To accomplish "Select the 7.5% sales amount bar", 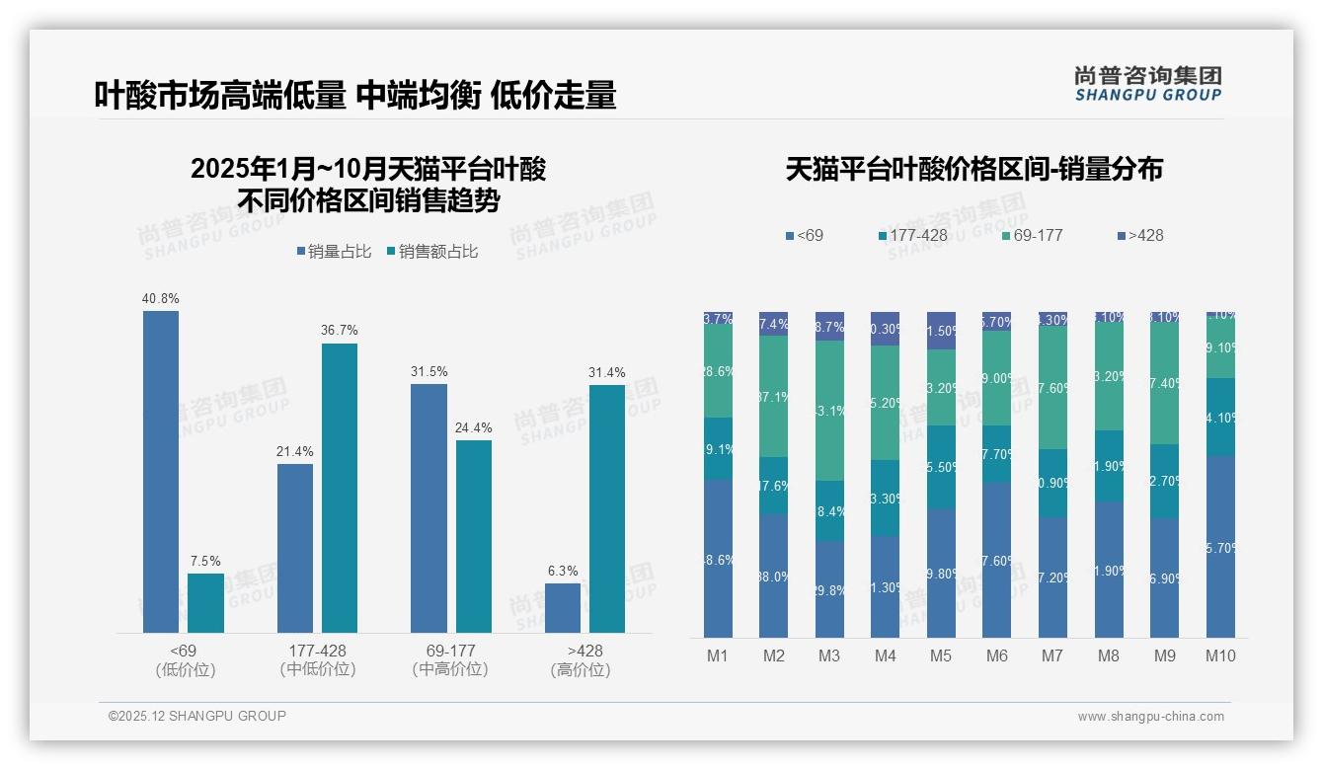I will pyautogui.click(x=205, y=603).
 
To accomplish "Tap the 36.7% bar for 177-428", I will pyautogui.click(x=340, y=488).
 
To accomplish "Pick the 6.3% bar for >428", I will pyautogui.click(x=563, y=608).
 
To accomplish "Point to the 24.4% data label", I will pyautogui.click(x=474, y=427).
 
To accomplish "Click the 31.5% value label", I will pyautogui.click(x=428, y=371).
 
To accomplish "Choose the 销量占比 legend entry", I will pyautogui.click(x=334, y=252).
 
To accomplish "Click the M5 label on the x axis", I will pyautogui.click(x=941, y=655).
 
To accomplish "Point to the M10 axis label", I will pyautogui.click(x=1220, y=655).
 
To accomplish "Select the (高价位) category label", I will pyautogui.click(x=581, y=669).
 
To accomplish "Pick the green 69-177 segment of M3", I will pyautogui.click(x=829, y=410).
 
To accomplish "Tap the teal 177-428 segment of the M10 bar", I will pyautogui.click(x=1220, y=417).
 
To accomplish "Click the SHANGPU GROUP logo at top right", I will pyautogui.click(x=1147, y=84).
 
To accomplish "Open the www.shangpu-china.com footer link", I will pyautogui.click(x=1150, y=717).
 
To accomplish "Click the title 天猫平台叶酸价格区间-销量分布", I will pyautogui.click(x=973, y=169).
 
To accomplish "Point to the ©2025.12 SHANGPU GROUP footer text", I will pyautogui.click(x=197, y=716).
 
